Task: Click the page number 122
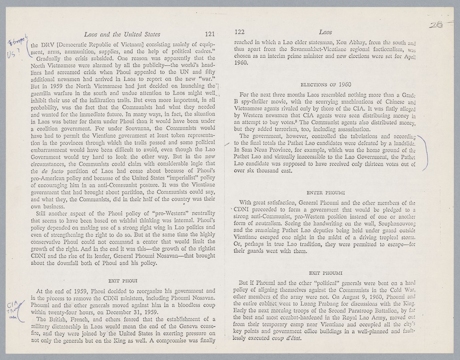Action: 239,32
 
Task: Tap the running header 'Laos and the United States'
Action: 122,34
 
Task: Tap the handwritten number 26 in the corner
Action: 436,25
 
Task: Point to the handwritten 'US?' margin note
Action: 10,53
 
